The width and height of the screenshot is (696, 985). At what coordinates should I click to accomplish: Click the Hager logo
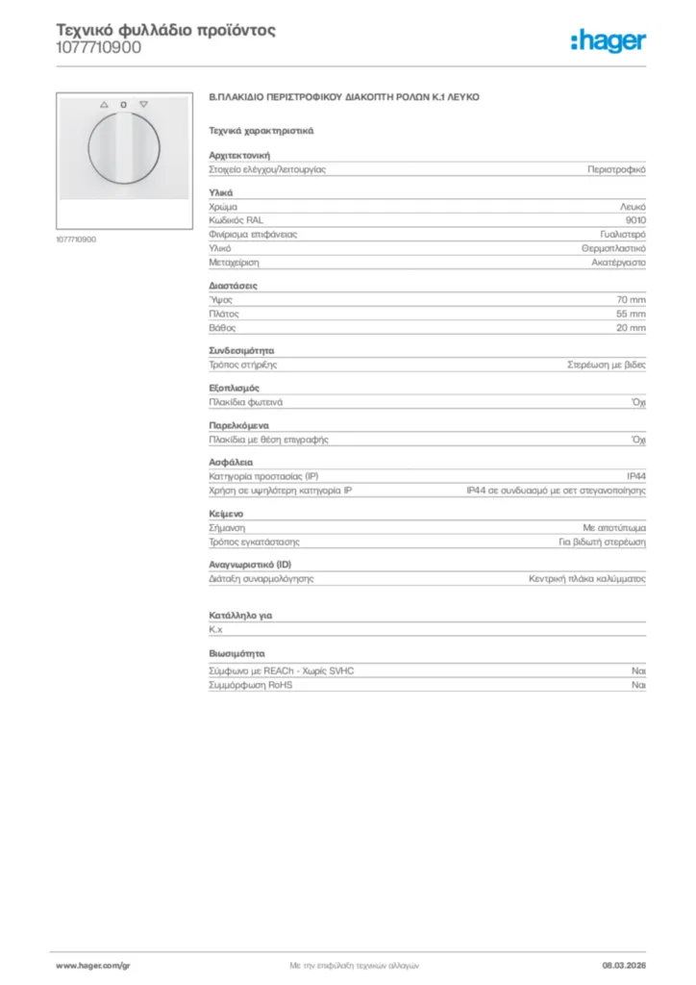pyautogui.click(x=609, y=40)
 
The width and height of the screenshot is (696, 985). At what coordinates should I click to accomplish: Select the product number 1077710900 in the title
pyautogui.click(x=98, y=47)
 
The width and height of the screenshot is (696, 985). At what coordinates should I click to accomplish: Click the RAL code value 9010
pyautogui.click(x=635, y=220)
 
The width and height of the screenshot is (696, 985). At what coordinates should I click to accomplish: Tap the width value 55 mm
pyautogui.click(x=631, y=314)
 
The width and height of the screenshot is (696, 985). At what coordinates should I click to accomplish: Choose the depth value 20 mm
pyautogui.click(x=631, y=328)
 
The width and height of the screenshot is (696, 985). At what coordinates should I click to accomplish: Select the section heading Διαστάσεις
pyautogui.click(x=234, y=286)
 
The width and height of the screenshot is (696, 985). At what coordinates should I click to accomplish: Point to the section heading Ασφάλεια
pyautogui.click(x=231, y=462)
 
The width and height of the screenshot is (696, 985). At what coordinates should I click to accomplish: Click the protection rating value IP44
pyautogui.click(x=636, y=476)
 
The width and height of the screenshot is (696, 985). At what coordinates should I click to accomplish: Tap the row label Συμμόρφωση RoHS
pyautogui.click(x=251, y=685)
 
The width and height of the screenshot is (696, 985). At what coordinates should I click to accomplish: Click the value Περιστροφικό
pyautogui.click(x=616, y=169)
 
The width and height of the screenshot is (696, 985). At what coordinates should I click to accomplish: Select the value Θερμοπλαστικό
pyautogui.click(x=613, y=248)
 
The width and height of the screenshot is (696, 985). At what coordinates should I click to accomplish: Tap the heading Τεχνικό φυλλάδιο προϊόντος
pyautogui.click(x=165, y=30)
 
